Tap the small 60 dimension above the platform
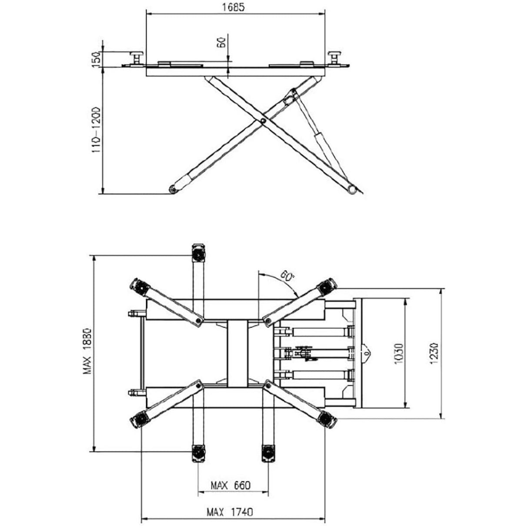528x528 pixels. [221, 43]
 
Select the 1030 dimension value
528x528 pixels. [400, 354]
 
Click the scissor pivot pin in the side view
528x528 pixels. [263, 121]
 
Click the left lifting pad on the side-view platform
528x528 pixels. [137, 58]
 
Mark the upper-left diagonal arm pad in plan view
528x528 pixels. [139, 287]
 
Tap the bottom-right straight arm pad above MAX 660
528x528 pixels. [267, 453]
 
